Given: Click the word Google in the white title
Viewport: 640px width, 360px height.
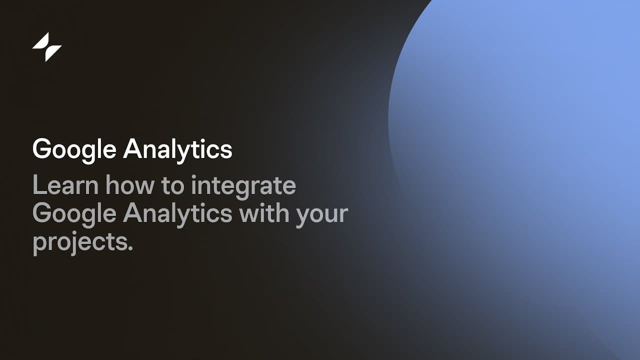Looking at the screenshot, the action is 74,150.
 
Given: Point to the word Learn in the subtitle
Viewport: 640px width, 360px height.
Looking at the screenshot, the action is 65,185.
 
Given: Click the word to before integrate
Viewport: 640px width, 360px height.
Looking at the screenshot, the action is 173,186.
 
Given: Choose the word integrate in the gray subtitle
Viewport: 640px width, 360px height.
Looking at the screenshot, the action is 243,187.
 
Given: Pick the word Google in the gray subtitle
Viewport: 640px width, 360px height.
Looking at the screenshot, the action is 74,215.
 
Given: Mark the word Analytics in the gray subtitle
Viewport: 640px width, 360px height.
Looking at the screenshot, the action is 177,215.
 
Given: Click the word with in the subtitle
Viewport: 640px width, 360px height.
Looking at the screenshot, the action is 264,213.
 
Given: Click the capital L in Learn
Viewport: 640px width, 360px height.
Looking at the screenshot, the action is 39,184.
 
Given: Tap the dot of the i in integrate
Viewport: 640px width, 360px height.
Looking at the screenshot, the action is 194,176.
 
